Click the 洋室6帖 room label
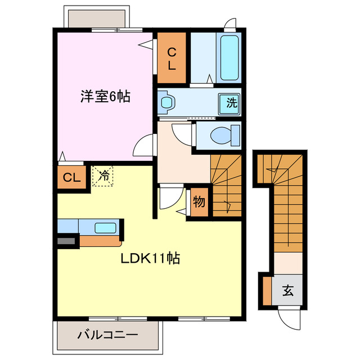tap(105, 97)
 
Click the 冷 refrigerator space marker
tap(103, 175)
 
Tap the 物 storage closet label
tap(199, 202)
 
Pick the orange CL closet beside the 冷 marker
tap(71, 178)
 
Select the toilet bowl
tap(222, 135)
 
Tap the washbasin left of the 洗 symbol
tap(166, 102)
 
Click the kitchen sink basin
tap(105, 228)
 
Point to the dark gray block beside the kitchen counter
tap(66, 241)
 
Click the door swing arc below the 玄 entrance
tap(291, 322)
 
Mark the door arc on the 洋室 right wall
tap(144, 146)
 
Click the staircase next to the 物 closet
tap(226, 186)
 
